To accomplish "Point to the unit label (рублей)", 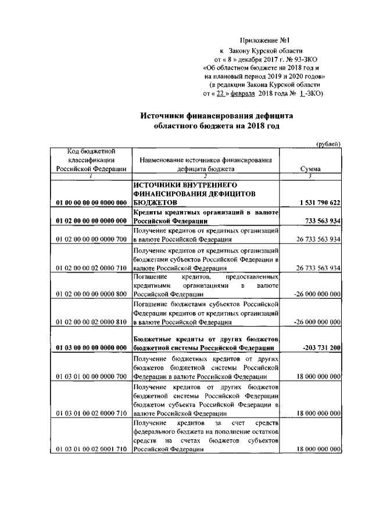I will pos(328,143).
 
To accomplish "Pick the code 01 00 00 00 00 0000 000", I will pos(91,202).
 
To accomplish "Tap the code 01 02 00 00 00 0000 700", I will pos(91,239).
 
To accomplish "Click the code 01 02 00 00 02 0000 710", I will pos(91,268).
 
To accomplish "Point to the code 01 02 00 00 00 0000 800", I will pos(91,294).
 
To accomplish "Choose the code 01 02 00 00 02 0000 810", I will pos(91,321).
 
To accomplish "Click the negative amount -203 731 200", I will pos(321,347).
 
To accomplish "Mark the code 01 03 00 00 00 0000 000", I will pos(91,347).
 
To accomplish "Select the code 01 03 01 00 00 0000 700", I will pos(91,376).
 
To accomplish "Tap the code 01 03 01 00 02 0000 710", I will pos(91,413).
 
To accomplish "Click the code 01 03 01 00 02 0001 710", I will pos(91,450).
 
